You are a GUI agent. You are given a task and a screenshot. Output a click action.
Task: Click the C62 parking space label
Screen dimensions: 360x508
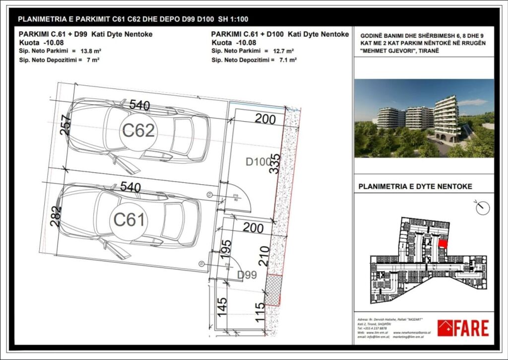(x=138, y=131)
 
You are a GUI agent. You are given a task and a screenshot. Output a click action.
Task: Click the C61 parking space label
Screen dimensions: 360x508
(x=129, y=219)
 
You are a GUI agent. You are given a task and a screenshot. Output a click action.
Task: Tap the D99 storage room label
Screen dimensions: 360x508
(x=247, y=275)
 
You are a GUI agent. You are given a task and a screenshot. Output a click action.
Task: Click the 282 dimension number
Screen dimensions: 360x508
(x=56, y=216)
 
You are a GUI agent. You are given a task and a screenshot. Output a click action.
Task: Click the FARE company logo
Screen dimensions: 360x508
(x=463, y=328)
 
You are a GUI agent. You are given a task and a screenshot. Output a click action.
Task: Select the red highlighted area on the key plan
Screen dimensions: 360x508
(x=443, y=244)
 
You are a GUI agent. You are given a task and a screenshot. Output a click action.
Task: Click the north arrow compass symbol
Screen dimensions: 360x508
(x=482, y=208)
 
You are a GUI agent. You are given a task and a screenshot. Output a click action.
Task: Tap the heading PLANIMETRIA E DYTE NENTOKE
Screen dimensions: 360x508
(x=415, y=187)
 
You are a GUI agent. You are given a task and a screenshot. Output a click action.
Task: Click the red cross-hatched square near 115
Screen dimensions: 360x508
(x=274, y=289)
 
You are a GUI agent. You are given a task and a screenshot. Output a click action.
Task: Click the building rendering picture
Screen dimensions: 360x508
(x=424, y=118)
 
